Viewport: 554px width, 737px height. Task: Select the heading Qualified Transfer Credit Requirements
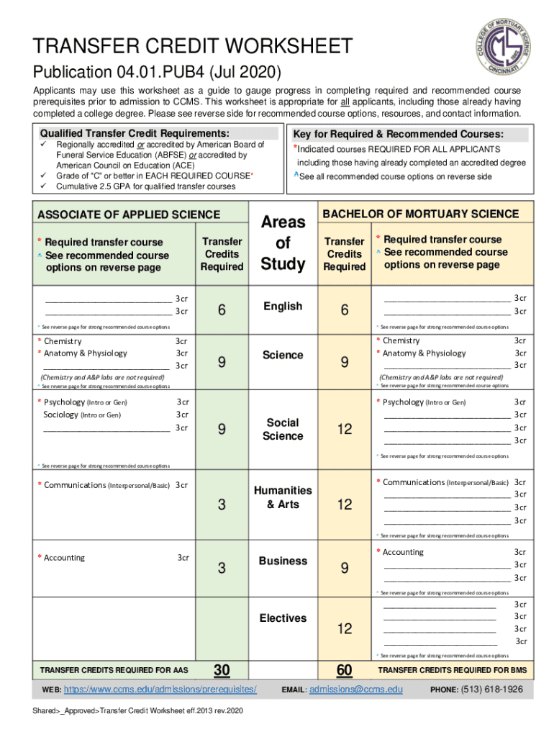click(135, 133)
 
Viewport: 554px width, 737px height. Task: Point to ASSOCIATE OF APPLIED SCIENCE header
click(129, 214)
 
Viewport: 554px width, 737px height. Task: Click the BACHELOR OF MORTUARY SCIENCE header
click(421, 214)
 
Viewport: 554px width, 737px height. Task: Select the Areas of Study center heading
click(283, 243)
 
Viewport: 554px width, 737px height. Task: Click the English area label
click(283, 307)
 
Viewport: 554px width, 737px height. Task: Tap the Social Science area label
click(283, 429)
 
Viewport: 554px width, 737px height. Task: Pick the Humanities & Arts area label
click(283, 497)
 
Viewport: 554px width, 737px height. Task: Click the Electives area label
click(283, 618)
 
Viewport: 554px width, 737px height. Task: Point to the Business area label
click(283, 561)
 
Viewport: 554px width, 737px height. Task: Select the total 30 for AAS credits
click(222, 670)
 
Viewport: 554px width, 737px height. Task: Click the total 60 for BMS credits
click(345, 670)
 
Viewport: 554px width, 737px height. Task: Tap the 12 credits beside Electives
click(345, 629)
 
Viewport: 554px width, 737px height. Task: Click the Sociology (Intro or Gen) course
click(82, 415)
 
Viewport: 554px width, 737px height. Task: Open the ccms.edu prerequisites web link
click(160, 689)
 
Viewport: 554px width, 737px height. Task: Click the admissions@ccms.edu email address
click(355, 689)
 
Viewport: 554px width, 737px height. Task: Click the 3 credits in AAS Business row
click(222, 569)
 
